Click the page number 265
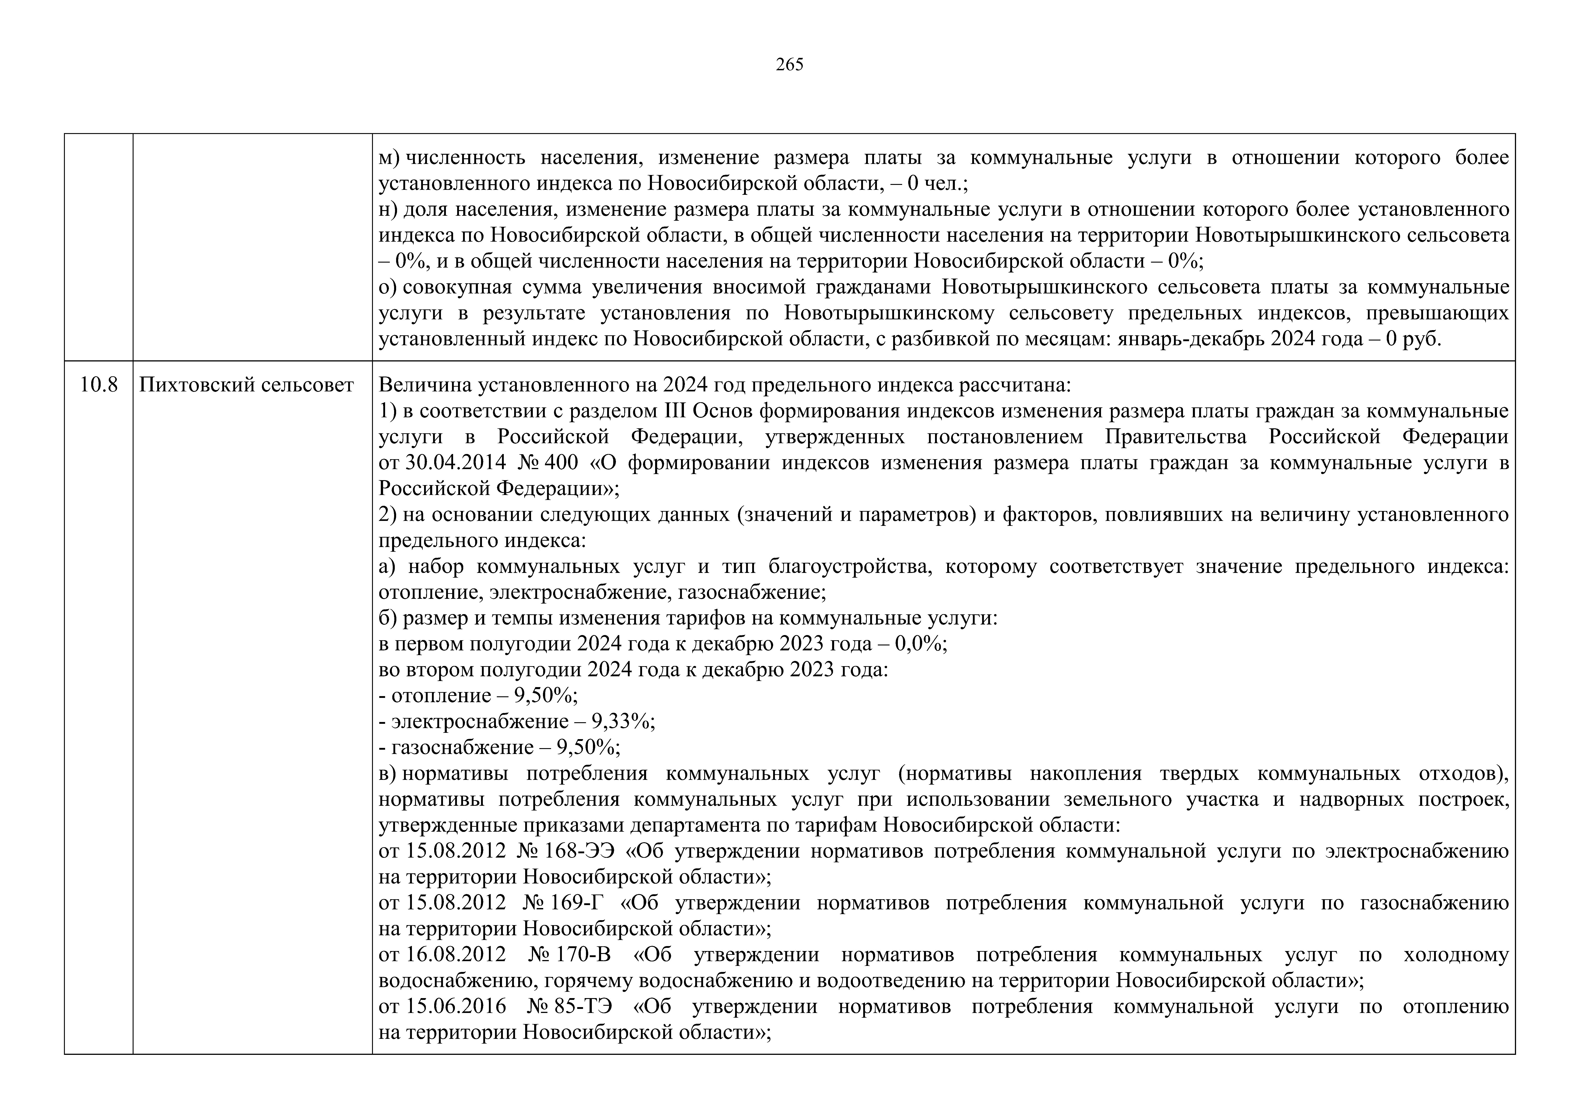click(x=789, y=65)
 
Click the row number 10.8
click(x=98, y=385)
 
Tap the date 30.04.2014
click(x=456, y=463)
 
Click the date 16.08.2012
click(x=456, y=955)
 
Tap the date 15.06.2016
click(x=456, y=1007)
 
